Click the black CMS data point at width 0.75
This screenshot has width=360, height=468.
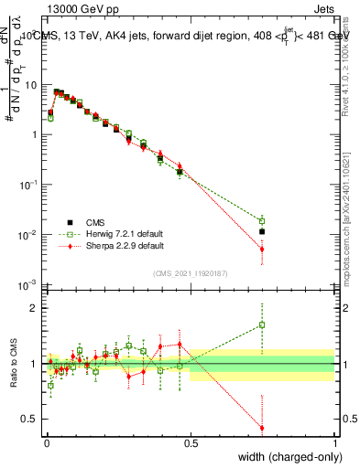pyautogui.click(x=262, y=232)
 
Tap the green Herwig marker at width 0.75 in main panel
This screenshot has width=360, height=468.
pyautogui.click(x=262, y=221)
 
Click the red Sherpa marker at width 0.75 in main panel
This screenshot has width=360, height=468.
pyautogui.click(x=262, y=249)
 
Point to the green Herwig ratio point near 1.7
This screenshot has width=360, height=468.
pyautogui.click(x=262, y=324)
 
